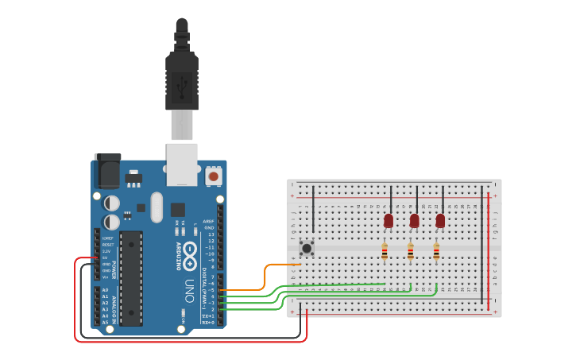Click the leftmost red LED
click(x=389, y=220)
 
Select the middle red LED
click(x=414, y=220)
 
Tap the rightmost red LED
click(x=440, y=220)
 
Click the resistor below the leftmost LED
click(x=385, y=252)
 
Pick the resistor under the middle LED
click(x=410, y=252)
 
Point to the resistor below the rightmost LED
click(x=436, y=252)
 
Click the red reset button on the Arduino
click(x=213, y=175)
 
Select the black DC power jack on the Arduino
click(x=107, y=170)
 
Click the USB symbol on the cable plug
click(x=182, y=83)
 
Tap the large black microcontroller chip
click(x=131, y=278)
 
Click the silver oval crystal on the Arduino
click(x=157, y=207)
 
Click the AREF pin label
click(x=208, y=222)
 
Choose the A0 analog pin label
click(x=105, y=290)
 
